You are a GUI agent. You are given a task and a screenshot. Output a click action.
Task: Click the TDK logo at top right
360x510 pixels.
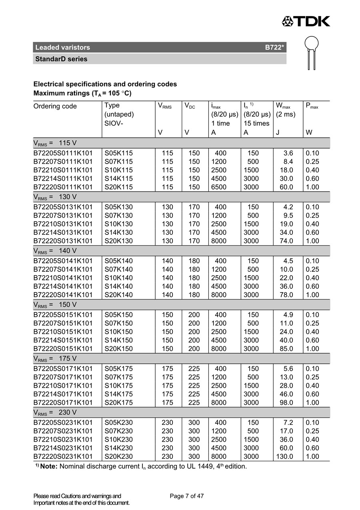pyautogui.click(x=306, y=21)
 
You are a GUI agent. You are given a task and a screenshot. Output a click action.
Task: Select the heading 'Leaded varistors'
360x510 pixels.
pyautogui.click(x=63, y=48)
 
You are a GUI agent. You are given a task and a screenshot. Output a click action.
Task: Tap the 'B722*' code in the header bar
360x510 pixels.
pyautogui.click(x=275, y=48)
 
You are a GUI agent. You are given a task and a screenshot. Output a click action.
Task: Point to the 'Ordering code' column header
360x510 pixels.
pyautogui.click(x=55, y=106)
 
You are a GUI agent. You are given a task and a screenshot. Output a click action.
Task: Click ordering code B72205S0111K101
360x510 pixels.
pyautogui.click(x=63, y=153)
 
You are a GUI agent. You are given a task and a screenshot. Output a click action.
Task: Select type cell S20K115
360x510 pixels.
pyautogui.click(x=118, y=187)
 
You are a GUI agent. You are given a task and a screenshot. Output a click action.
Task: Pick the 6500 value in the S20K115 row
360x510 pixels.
pyautogui.click(x=219, y=187)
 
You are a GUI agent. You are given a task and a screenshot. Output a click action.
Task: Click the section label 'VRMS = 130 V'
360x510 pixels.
pyautogui.click(x=55, y=197)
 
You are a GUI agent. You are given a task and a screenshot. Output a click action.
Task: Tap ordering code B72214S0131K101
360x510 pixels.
pyautogui.click(x=63, y=232)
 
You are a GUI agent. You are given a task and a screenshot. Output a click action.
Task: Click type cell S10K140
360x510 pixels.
pyautogui.click(x=118, y=278)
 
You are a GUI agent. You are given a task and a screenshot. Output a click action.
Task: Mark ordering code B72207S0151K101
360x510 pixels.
pyautogui.click(x=63, y=323)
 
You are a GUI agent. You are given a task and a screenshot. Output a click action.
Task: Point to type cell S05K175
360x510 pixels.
pyautogui.click(x=118, y=368)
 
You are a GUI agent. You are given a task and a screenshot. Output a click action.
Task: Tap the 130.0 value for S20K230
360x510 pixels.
pyautogui.click(x=284, y=456)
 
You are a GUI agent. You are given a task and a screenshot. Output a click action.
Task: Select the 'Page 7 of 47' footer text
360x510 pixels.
pyautogui.click(x=187, y=496)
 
